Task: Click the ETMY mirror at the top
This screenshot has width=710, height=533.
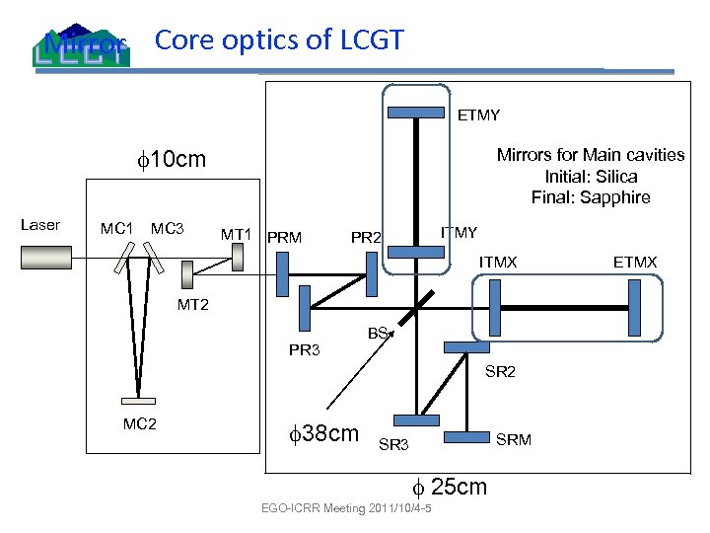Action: tap(415, 111)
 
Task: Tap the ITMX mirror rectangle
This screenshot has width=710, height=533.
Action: tap(495, 307)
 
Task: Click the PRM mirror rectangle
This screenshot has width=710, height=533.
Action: tap(283, 272)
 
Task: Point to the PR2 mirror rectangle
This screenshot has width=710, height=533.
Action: tap(372, 272)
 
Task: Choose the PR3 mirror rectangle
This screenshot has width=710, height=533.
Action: tap(304, 306)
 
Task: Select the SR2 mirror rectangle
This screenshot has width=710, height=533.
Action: tap(467, 347)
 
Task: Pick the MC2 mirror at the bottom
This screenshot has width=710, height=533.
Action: tap(138, 401)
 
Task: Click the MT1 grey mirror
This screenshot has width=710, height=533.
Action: tap(237, 259)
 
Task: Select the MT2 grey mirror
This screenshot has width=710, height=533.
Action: tap(187, 275)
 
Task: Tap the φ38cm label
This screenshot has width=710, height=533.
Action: tap(322, 433)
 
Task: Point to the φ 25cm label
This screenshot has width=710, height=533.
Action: tap(449, 487)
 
